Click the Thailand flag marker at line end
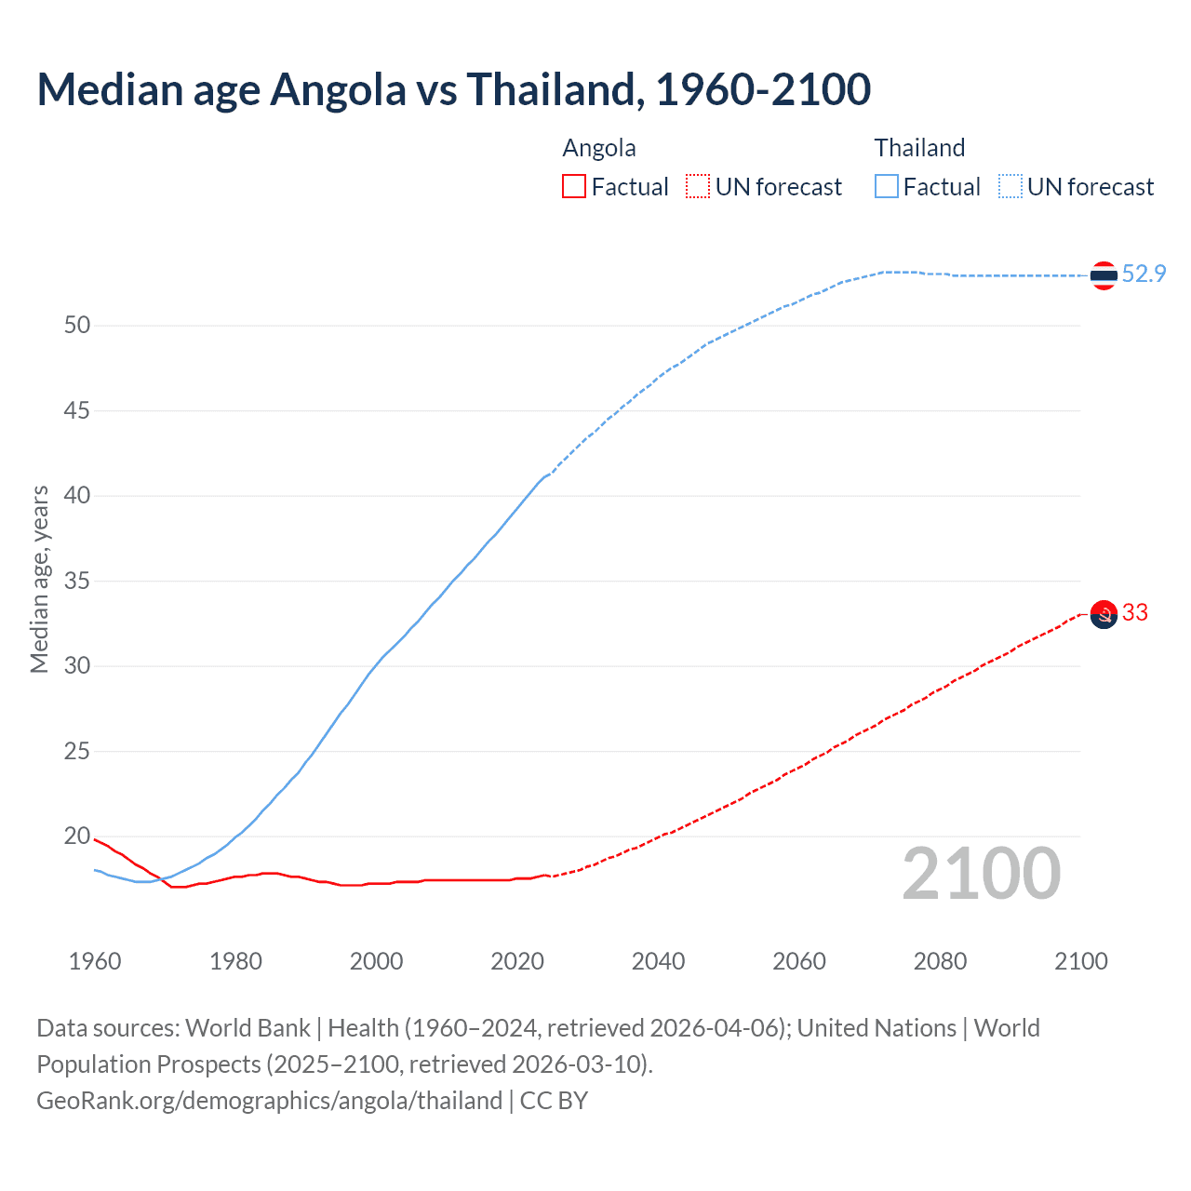point(1104,275)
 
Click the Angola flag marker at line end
point(1104,615)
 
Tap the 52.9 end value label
point(1144,274)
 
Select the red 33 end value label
point(1135,612)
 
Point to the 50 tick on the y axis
point(77,325)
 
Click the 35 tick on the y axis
point(77,581)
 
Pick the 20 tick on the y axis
point(77,836)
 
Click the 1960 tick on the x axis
point(95,961)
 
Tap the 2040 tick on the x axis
point(658,961)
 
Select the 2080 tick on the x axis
point(940,961)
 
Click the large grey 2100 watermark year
point(982,874)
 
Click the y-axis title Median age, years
point(39,579)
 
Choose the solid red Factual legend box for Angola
point(574,186)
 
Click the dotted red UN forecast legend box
point(698,186)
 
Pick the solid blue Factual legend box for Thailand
point(887,186)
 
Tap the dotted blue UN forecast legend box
point(1010,186)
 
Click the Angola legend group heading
point(599,148)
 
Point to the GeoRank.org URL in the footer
point(269,1101)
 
